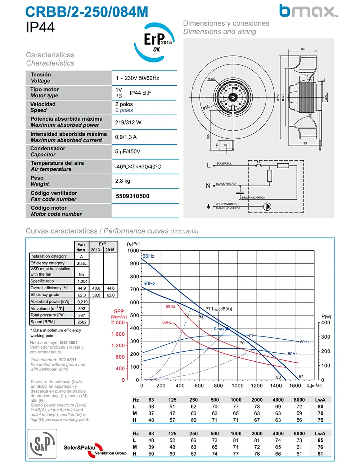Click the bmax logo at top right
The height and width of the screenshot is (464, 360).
pos(308,11)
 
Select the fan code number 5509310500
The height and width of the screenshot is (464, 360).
pos(132,196)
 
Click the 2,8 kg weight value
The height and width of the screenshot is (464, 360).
pos(123,181)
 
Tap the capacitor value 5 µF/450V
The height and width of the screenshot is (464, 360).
pos(128,152)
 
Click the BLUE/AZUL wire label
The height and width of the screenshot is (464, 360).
pos(224,164)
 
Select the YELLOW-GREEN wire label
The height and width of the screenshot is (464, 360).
pos(226,204)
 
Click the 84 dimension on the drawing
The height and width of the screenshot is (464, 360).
pos(303,49)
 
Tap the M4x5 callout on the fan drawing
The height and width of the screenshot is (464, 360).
pos(211,79)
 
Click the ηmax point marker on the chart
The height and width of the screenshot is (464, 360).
pos(227,329)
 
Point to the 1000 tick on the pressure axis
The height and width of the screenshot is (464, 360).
pos(133,251)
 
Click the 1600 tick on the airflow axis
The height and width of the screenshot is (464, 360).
pos(295,386)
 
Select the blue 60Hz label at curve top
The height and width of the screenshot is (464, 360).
pos(148,256)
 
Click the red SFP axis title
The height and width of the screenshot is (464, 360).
pos(119,311)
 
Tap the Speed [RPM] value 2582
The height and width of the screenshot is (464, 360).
pos(82,322)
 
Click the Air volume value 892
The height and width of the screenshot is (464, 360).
pos(82,309)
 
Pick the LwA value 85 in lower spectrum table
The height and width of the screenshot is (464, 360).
pos(320,440)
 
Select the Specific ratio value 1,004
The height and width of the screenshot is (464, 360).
pos(82,281)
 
